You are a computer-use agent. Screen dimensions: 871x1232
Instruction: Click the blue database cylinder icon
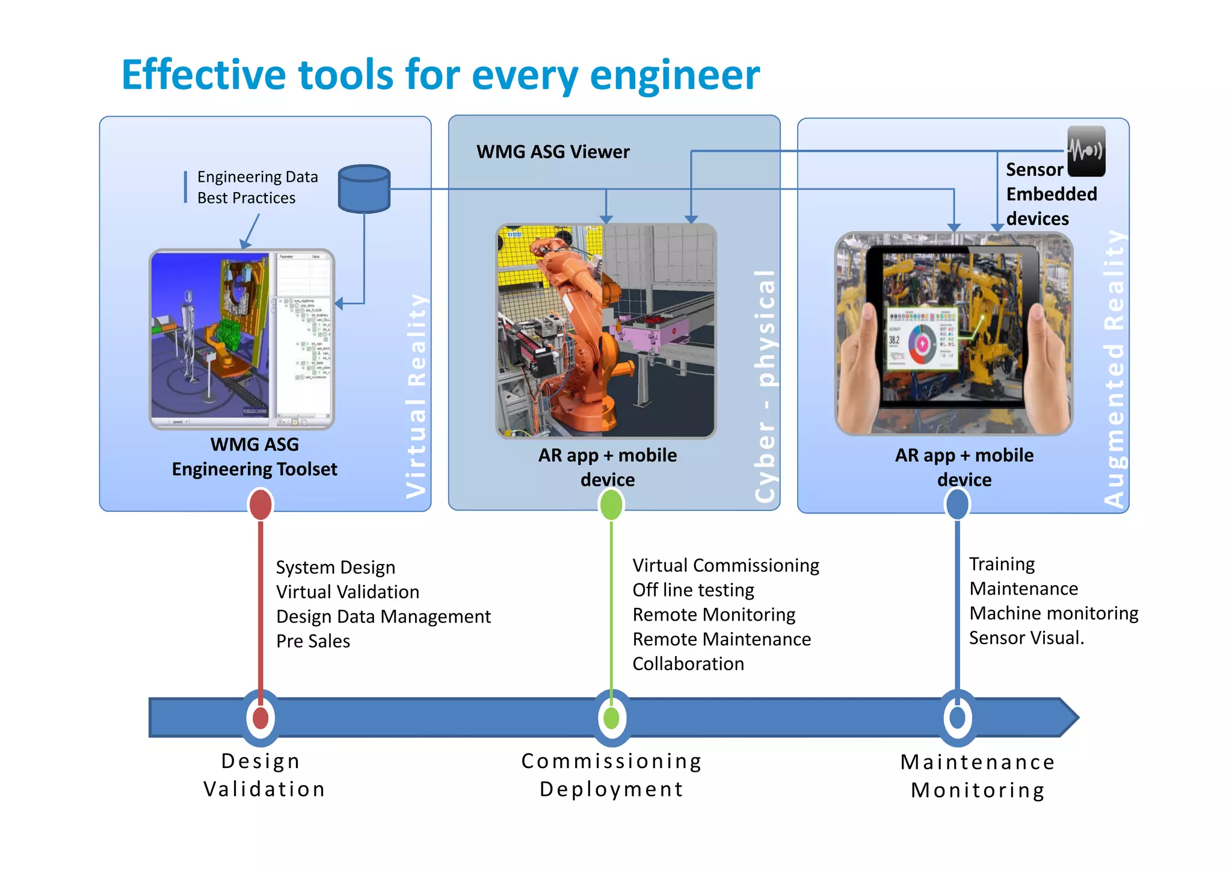click(x=364, y=189)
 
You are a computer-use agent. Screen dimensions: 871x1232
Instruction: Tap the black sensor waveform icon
click(x=1086, y=150)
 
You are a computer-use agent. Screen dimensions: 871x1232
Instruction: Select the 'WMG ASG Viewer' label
click(x=553, y=152)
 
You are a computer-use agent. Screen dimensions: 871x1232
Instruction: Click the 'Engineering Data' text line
click(x=257, y=177)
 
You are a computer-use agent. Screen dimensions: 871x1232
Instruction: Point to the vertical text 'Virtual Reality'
click(x=416, y=395)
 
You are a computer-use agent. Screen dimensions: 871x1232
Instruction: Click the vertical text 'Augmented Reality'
click(x=1114, y=368)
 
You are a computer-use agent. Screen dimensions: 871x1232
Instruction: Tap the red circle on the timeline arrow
click(x=260, y=718)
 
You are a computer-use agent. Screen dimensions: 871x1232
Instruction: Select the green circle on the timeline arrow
click(x=611, y=718)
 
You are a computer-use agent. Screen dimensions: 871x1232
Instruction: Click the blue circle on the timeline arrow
click(x=957, y=718)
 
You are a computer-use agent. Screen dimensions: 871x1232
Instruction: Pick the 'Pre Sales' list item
click(x=313, y=641)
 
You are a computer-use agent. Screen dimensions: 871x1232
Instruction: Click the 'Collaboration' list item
click(x=688, y=664)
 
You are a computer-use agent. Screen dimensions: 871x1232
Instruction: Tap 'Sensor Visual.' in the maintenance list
click(x=1026, y=638)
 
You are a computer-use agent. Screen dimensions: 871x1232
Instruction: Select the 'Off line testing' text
click(x=693, y=590)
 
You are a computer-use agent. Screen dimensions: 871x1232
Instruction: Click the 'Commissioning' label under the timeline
click(x=611, y=761)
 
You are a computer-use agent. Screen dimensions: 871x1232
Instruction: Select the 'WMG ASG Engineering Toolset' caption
click(x=254, y=457)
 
